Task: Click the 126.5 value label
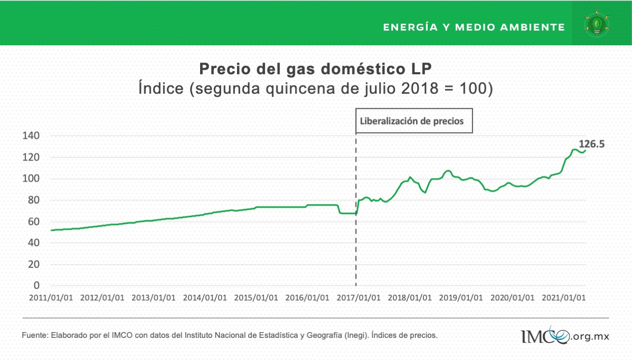[591, 144]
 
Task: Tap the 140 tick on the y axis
[31, 136]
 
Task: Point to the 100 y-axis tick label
[31, 179]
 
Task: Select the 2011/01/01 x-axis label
[51, 298]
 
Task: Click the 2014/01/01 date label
[205, 298]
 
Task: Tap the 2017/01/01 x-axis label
[358, 298]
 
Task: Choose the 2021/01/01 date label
[564, 298]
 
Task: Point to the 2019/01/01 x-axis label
[461, 298]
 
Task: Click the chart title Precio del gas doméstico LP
[315, 69]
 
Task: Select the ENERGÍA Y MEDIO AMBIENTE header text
[474, 27]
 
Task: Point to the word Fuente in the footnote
[34, 335]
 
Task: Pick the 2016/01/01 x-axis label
[307, 298]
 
